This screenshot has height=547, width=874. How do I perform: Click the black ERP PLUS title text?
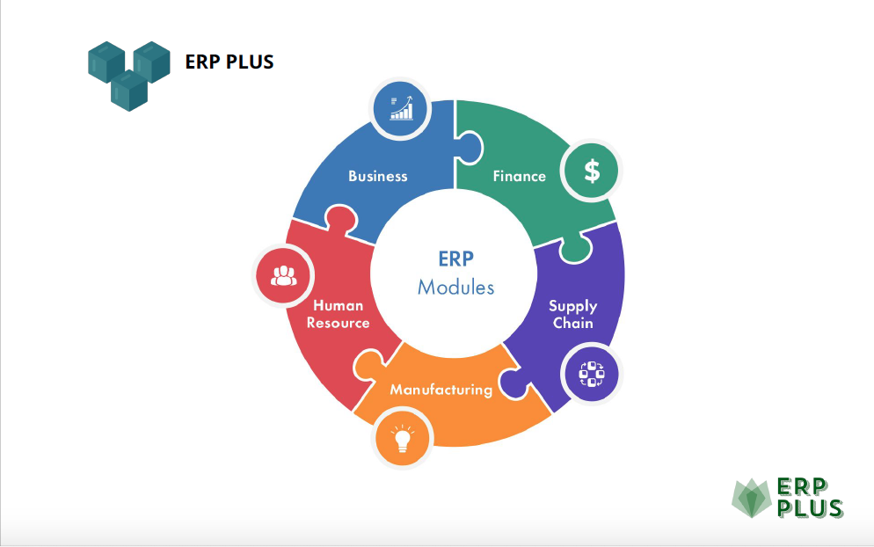tap(229, 62)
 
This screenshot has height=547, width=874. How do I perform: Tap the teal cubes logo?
tap(128, 76)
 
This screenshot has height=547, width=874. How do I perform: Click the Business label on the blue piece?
tap(378, 176)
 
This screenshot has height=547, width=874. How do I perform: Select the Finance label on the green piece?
tap(519, 176)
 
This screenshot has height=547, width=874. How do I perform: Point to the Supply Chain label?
tap(573, 315)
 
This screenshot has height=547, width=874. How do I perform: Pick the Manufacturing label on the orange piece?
tap(441, 390)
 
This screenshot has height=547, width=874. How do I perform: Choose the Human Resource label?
tap(338, 314)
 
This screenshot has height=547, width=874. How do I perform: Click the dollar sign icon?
tap(592, 171)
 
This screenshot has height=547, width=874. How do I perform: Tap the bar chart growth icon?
tap(401, 108)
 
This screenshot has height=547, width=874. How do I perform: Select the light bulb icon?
tap(402, 438)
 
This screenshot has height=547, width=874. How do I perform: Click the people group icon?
tap(284, 275)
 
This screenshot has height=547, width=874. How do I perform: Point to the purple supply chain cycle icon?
tap(592, 374)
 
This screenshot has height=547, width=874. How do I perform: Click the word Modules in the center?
tap(456, 288)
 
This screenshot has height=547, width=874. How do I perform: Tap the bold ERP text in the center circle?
tap(456, 259)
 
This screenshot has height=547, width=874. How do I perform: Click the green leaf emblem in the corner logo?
tap(752, 498)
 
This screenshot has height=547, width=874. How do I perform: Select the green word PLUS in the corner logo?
tap(809, 508)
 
